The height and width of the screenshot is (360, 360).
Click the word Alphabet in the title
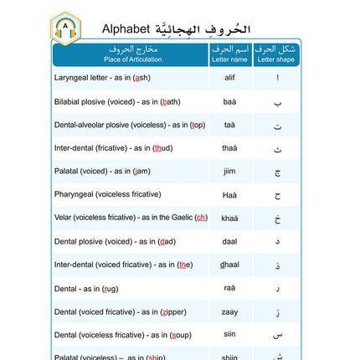click(x=131, y=28)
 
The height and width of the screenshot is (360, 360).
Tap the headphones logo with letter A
click(x=65, y=28)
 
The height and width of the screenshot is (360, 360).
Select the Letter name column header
click(x=229, y=54)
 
